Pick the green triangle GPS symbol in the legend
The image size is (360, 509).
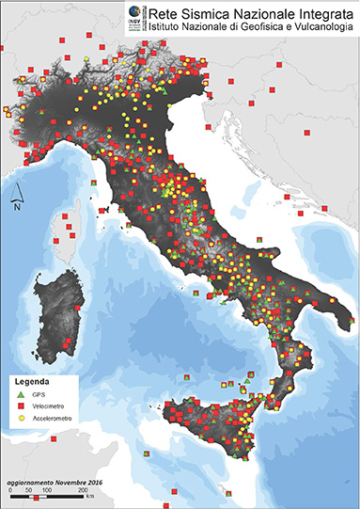[20, 394]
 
